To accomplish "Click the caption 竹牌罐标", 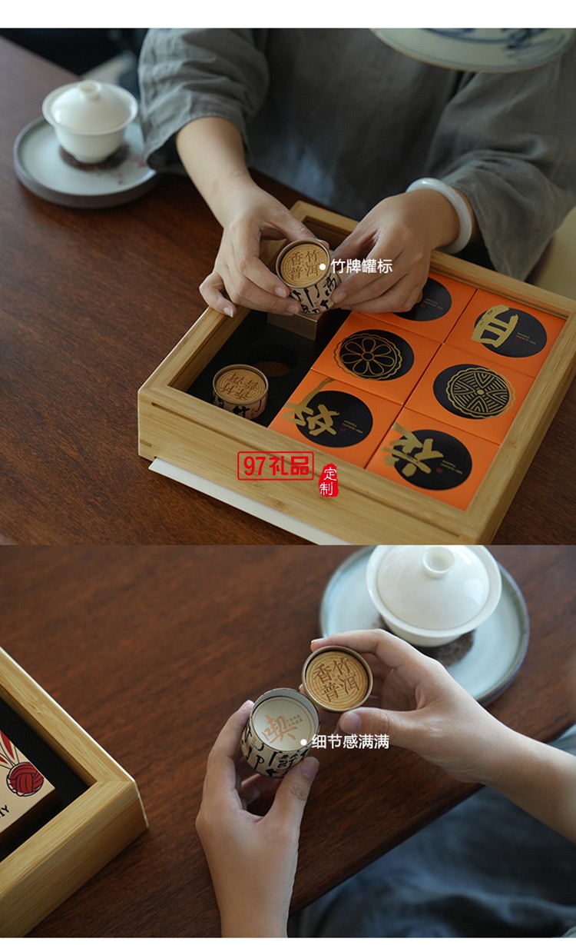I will click(x=361, y=267).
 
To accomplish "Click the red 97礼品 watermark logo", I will click(x=275, y=466).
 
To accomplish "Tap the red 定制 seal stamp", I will click(x=329, y=481).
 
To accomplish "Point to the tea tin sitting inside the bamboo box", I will click(x=240, y=390).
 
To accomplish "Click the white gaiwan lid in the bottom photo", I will click(x=433, y=587).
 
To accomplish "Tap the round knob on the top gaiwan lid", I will click(x=91, y=89).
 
